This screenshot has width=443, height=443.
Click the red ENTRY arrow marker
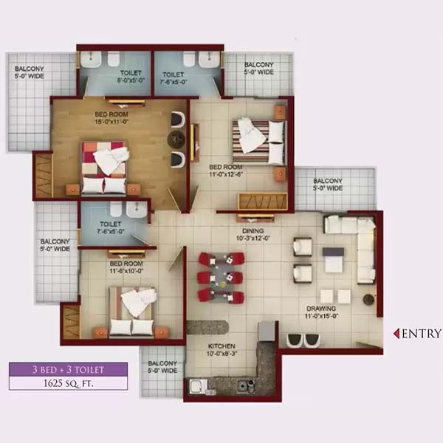click(396, 334)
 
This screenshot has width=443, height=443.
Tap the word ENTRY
click(422, 334)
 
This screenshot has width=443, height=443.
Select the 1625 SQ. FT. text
click(68, 383)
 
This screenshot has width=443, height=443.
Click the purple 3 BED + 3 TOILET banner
click(68, 369)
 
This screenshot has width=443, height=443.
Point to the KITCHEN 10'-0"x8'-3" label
click(221, 350)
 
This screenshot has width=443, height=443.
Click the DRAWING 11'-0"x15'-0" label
click(321, 312)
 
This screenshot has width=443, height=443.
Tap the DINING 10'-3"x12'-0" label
click(253, 235)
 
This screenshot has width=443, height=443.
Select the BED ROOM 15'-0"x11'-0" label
click(111, 118)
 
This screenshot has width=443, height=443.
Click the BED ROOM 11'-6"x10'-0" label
click(126, 267)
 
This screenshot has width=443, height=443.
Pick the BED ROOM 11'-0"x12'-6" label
click(226, 171)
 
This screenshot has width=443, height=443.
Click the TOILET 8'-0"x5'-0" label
click(131, 77)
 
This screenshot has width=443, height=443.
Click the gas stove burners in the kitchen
click(246, 386)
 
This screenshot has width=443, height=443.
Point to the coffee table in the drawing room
click(334, 260)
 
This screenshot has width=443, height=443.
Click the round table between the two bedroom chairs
click(176, 139)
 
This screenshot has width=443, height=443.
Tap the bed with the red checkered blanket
click(103, 168)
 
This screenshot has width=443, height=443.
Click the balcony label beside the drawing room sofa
click(328, 184)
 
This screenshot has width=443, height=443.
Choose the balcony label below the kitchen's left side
click(162, 367)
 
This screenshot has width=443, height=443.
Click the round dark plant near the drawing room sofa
click(368, 300)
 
